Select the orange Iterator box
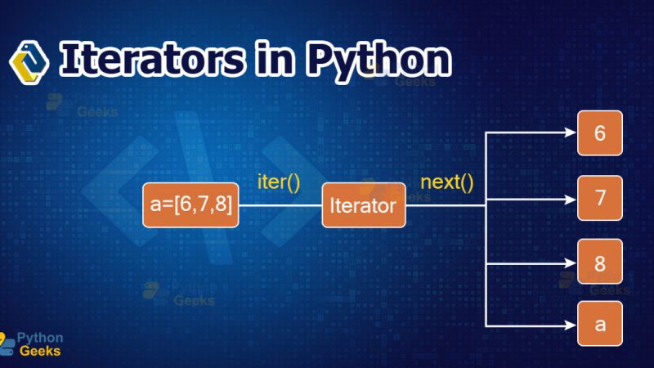[364, 205]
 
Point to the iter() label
[278, 181]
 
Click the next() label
[446, 181]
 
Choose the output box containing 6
[600, 133]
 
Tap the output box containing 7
[600, 197]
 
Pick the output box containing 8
[600, 263]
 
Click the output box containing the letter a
[600, 324]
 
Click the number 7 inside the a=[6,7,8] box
[204, 204]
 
